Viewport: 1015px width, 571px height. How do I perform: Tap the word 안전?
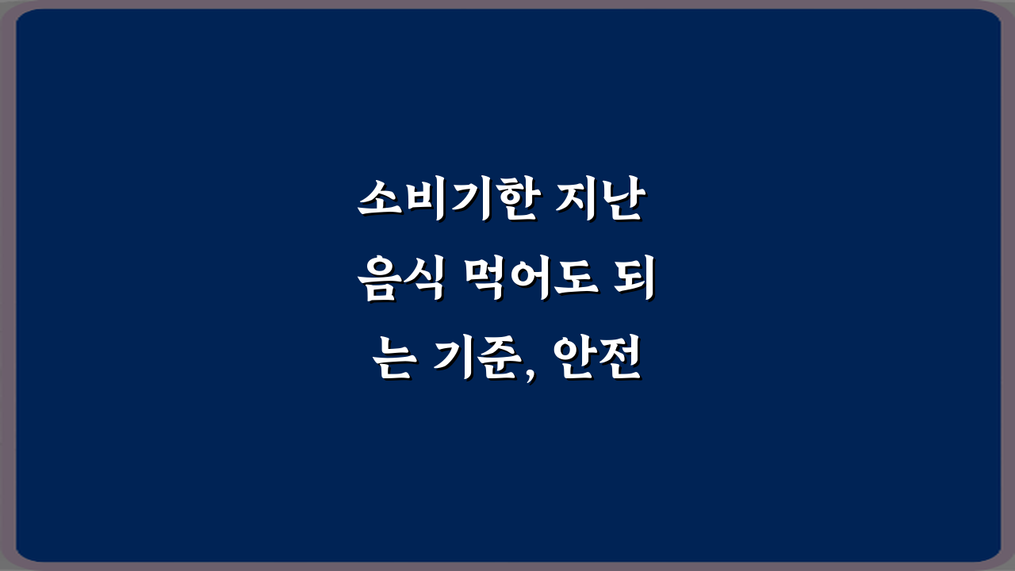tap(599, 361)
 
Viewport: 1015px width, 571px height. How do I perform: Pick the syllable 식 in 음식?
tap(423, 282)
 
